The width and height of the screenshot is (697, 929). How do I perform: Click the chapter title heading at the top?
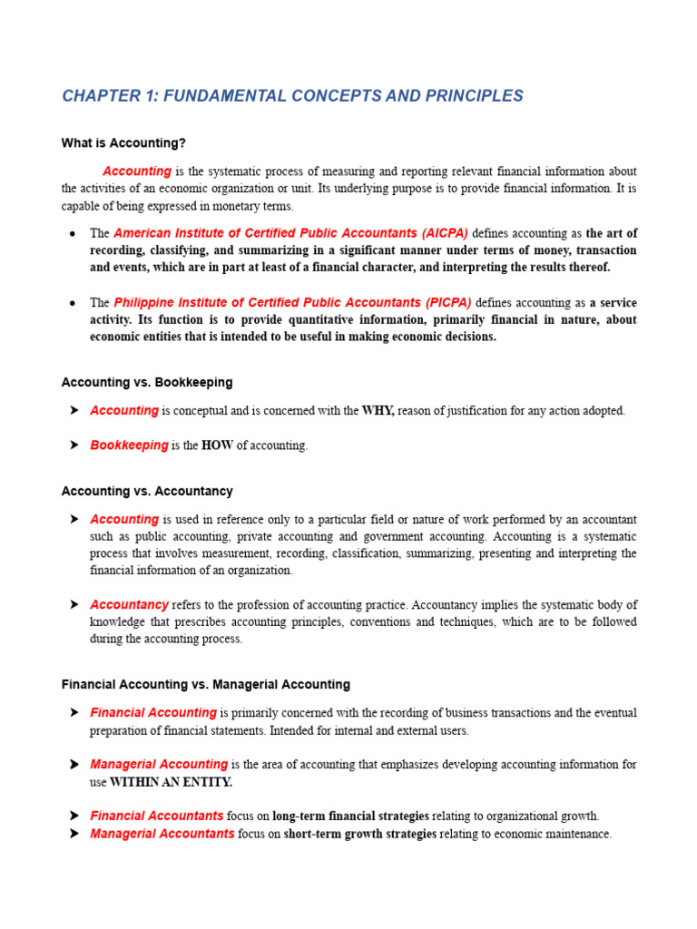(x=292, y=96)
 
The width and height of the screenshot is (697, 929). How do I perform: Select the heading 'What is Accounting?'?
(x=123, y=143)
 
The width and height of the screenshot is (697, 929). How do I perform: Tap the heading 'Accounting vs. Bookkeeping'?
(x=147, y=382)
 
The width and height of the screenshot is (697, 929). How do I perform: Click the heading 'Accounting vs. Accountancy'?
(x=147, y=491)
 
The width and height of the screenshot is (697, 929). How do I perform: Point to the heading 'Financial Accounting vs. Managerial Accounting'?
(x=205, y=684)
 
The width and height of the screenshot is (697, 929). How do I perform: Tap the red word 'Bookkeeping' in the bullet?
(x=129, y=445)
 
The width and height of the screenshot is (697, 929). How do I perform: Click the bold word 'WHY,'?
(x=378, y=411)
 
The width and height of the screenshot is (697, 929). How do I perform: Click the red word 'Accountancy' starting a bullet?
(x=129, y=604)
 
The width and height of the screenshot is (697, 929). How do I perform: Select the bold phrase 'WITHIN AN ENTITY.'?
(x=171, y=782)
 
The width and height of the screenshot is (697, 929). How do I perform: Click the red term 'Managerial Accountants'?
(x=162, y=834)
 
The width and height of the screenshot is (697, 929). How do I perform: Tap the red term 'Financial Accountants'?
(x=157, y=816)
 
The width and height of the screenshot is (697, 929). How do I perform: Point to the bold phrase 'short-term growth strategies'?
(x=360, y=834)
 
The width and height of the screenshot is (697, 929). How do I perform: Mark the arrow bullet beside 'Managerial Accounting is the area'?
(x=74, y=765)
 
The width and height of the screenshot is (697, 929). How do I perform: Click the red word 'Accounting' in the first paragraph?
(x=137, y=171)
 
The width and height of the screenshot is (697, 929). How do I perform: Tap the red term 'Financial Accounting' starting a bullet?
(x=153, y=713)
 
